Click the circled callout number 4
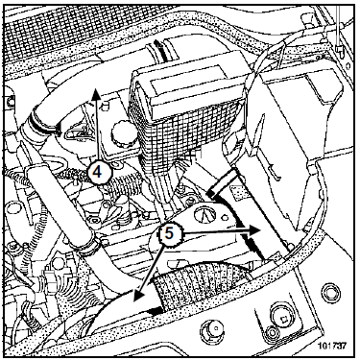pos(98,173)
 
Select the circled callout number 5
pos(170,233)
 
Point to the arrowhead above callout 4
pos(96,95)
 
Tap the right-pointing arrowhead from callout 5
pos(254,229)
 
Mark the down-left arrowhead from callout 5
pos(138,296)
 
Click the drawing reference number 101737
pos(332,346)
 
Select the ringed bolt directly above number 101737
pos(328,291)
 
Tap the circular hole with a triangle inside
pos(205,215)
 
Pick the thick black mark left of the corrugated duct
pos(155,310)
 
